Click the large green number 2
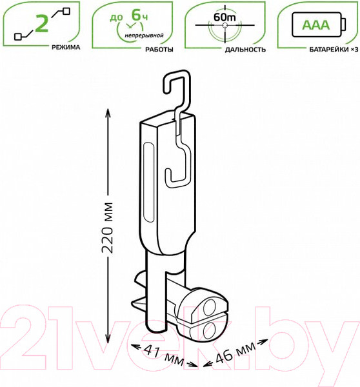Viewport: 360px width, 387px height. point(41,23)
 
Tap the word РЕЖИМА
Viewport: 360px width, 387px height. point(66,47)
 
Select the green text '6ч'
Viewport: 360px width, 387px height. point(139,15)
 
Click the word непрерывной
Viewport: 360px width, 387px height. point(145,35)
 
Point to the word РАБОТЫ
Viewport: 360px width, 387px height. point(159,50)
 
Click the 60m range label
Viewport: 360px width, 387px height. point(225,17)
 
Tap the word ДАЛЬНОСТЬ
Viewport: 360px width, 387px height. point(245,50)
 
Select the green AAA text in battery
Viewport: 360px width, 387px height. point(316,25)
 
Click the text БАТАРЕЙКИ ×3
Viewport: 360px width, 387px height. point(334,50)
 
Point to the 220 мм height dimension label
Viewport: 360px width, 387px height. point(107,228)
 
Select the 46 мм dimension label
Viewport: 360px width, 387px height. point(235,353)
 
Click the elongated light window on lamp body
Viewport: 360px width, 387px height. point(148,183)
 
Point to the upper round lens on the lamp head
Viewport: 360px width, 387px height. point(210,307)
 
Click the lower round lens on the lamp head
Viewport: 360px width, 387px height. point(210,330)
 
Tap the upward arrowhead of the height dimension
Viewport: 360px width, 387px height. point(108,112)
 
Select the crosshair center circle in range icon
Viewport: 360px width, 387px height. point(225,25)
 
